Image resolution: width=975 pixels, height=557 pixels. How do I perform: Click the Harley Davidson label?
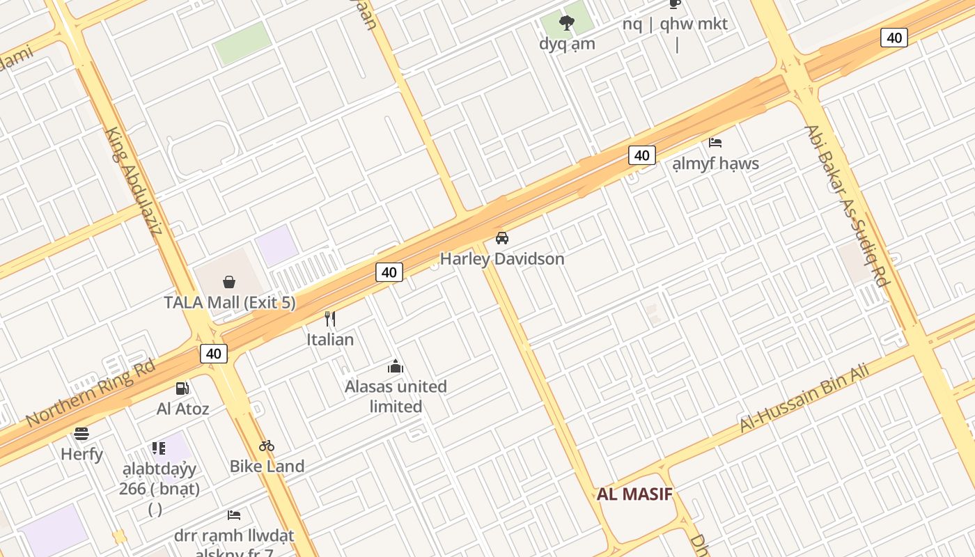click(501, 259)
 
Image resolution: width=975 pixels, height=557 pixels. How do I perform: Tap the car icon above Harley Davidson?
click(501, 238)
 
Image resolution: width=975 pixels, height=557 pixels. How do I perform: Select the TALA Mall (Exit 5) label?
click(230, 303)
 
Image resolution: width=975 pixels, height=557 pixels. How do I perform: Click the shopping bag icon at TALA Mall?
click(228, 281)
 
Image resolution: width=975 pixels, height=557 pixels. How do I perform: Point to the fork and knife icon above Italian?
click(330, 319)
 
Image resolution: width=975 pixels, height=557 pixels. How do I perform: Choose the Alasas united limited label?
click(396, 396)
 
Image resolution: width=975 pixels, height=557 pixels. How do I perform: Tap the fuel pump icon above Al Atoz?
click(182, 389)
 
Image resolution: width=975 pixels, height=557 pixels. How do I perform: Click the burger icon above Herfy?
click(81, 434)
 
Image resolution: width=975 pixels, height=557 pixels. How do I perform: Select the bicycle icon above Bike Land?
click(267, 446)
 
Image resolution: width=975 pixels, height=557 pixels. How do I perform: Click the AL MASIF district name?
click(634, 494)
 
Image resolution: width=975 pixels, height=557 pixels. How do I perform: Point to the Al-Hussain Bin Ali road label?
click(804, 398)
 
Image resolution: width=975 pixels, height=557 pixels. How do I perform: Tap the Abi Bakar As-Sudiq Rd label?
click(847, 205)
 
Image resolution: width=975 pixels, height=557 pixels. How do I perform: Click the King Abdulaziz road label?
click(133, 181)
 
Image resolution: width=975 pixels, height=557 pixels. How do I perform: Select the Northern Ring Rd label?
click(91, 393)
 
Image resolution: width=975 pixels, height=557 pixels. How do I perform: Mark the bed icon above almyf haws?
click(715, 143)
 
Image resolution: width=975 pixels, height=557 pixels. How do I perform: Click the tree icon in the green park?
click(567, 23)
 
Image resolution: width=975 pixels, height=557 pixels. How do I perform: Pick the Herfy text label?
click(81, 455)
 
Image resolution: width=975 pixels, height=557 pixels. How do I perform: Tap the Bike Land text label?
click(267, 466)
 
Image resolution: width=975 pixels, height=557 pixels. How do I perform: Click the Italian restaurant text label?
click(330, 340)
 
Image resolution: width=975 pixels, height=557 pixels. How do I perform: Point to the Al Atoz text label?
click(182, 409)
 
